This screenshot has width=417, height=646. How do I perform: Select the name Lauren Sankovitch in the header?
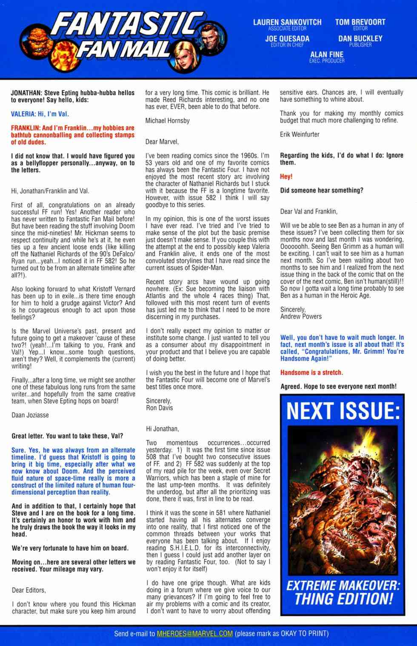click(287, 22)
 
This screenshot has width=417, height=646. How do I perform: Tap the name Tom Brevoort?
click(360, 22)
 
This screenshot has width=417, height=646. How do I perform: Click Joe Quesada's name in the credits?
click(287, 39)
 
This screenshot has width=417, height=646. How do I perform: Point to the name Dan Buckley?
click(360, 39)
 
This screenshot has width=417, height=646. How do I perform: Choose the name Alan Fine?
click(327, 55)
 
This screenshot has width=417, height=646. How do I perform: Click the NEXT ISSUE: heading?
click(343, 411)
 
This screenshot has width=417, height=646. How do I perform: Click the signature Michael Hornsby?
click(167, 121)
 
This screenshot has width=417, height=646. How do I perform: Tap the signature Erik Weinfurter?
click(300, 134)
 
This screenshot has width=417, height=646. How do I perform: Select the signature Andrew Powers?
click(301, 316)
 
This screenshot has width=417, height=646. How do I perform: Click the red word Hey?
click(286, 176)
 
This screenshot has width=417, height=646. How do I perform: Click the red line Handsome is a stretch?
click(311, 373)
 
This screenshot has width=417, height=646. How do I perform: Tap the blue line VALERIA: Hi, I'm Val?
click(40, 114)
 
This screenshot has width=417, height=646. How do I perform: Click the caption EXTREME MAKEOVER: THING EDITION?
click(343, 592)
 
